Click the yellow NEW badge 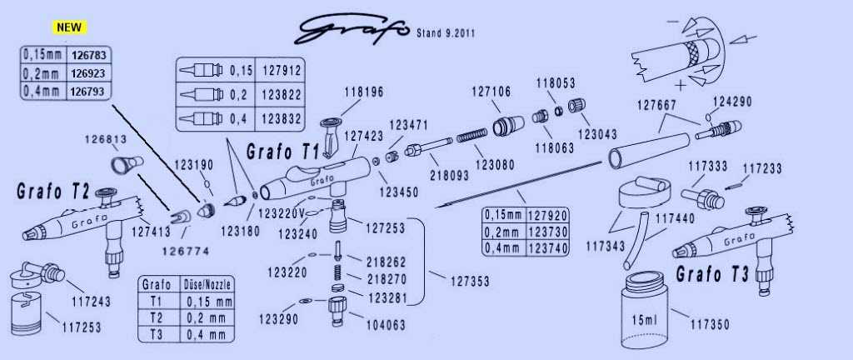pyautogui.click(x=69, y=27)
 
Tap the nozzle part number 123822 pyautogui.click(x=282, y=95)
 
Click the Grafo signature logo pyautogui.click(x=351, y=29)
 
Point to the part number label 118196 pyautogui.click(x=363, y=92)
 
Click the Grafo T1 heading pyautogui.click(x=283, y=152)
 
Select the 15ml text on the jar pyautogui.click(x=644, y=319)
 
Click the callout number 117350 pyautogui.click(x=710, y=325)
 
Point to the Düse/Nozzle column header pyautogui.click(x=209, y=284)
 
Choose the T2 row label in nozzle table pyautogui.click(x=157, y=318)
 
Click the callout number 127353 pyautogui.click(x=470, y=281)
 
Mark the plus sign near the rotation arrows pyautogui.click(x=680, y=85)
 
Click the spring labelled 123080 pyautogui.click(x=471, y=135)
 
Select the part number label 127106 pyautogui.click(x=491, y=92)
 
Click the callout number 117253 pyautogui.click(x=82, y=327)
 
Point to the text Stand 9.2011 pyautogui.click(x=446, y=33)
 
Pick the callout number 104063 pyautogui.click(x=387, y=326)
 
